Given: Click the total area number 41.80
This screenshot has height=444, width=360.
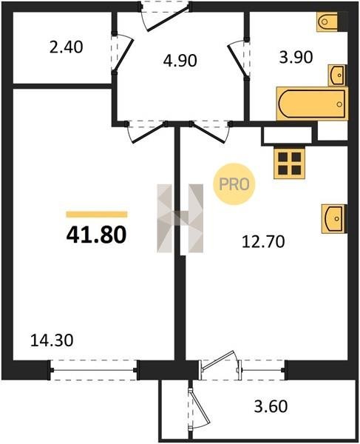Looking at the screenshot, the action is pyautogui.click(x=96, y=235).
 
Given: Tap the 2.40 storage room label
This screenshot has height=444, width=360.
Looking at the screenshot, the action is pyautogui.click(x=67, y=47).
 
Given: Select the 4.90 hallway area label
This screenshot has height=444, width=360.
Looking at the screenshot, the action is pyautogui.click(x=180, y=61).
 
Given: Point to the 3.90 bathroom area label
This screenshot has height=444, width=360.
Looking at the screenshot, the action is pyautogui.click(x=296, y=57).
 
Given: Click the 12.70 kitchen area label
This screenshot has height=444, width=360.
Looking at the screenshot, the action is pyautogui.click(x=263, y=242).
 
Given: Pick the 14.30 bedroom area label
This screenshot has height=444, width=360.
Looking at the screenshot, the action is pyautogui.click(x=52, y=340).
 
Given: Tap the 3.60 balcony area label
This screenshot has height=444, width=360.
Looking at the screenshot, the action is pyautogui.click(x=271, y=406).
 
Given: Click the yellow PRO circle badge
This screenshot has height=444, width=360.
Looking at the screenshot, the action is pyautogui.click(x=234, y=184).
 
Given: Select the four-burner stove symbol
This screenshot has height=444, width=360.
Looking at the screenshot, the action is pyautogui.click(x=289, y=164).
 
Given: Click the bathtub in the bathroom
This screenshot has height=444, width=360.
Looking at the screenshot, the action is pyautogui.click(x=313, y=104).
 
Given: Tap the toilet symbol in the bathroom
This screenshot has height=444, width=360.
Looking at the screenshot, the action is pyautogui.click(x=327, y=21).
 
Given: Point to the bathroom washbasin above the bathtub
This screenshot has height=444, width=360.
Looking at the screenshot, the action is pyautogui.click(x=337, y=75).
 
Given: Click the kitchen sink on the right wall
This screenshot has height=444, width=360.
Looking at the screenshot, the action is pyautogui.click(x=334, y=219).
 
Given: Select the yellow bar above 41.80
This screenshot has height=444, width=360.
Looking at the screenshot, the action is pyautogui.click(x=97, y=215).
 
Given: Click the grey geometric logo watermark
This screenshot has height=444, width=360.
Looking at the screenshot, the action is pyautogui.click(x=180, y=218).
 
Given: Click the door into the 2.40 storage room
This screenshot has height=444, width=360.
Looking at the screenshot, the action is pyautogui.click(x=122, y=53).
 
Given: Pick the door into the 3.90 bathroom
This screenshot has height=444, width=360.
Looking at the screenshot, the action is pyautogui.click(x=238, y=58).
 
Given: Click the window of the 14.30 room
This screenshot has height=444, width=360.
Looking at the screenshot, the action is pyautogui.click(x=94, y=370).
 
